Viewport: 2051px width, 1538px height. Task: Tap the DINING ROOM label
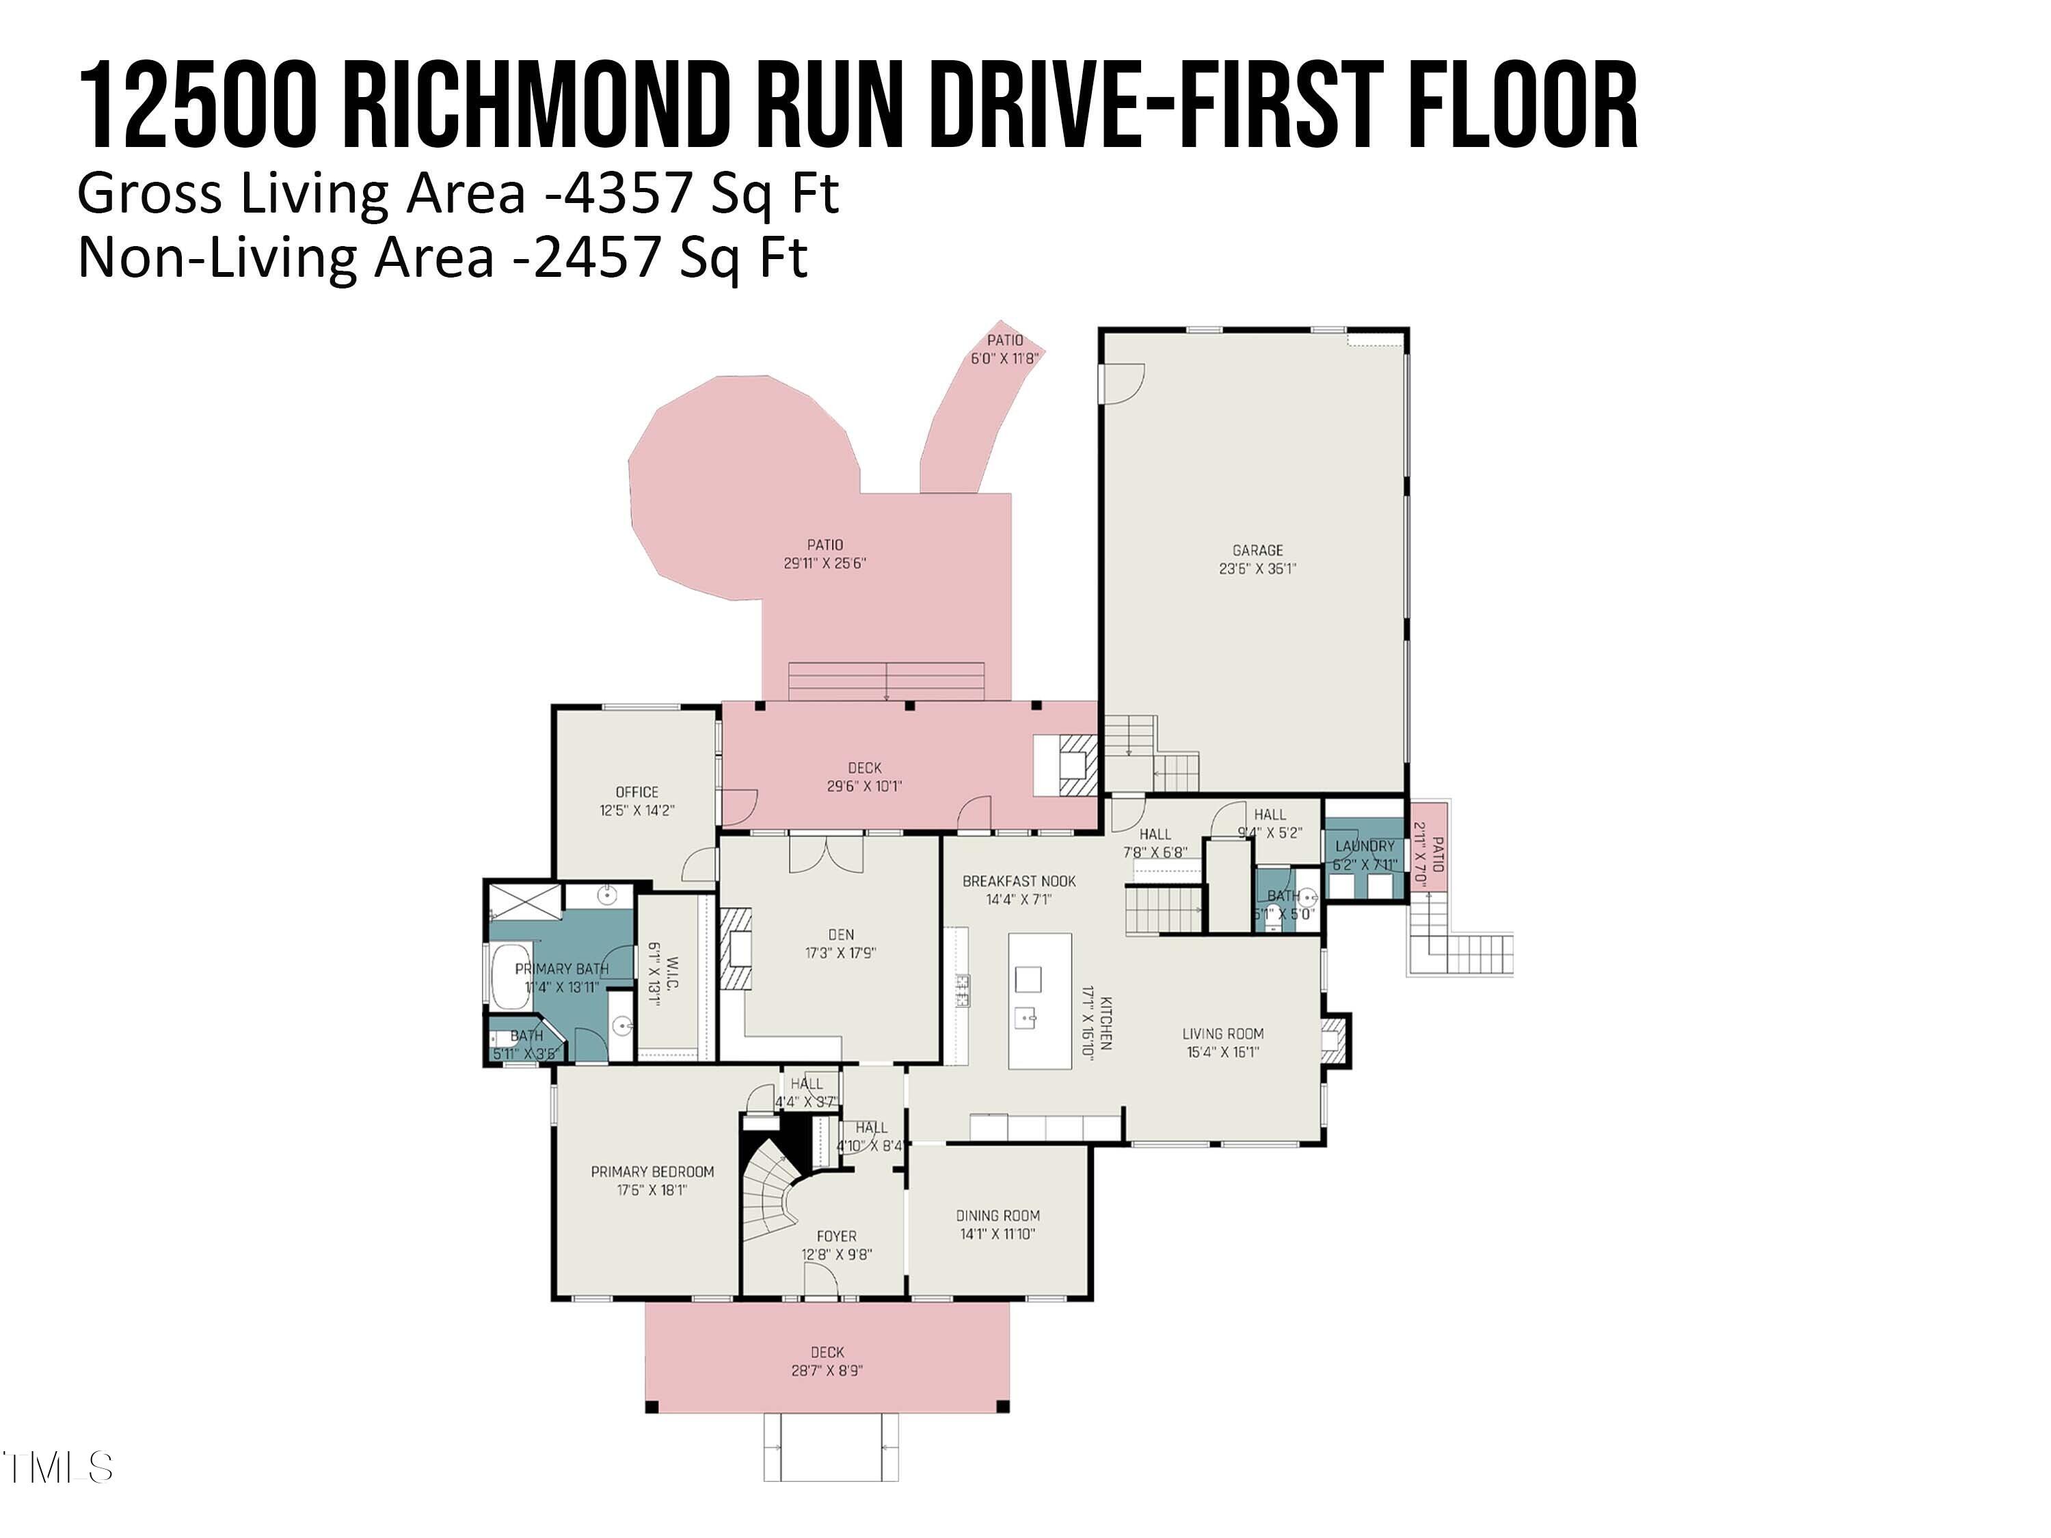(997, 1215)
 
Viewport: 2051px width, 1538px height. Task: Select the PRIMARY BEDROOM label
(653, 1172)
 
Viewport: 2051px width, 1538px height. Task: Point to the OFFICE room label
(637, 792)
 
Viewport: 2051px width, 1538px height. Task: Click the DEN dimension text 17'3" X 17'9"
(840, 952)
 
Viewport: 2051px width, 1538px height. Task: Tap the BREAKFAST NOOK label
(1019, 880)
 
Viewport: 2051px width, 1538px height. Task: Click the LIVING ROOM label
(1223, 1034)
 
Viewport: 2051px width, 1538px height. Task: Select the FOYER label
(836, 1236)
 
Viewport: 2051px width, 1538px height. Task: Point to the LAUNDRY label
(1365, 846)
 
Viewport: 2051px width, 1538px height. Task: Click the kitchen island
(1039, 1001)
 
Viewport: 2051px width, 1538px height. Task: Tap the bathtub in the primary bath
(509, 976)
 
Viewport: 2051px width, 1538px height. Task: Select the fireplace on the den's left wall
(739, 950)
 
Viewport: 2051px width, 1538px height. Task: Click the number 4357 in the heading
(628, 193)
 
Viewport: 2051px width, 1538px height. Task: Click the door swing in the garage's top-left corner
(1124, 382)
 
